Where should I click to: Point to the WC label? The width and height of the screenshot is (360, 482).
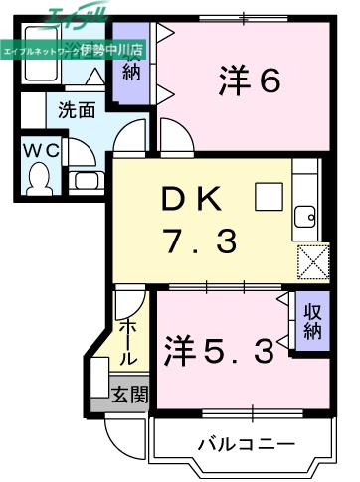point(38,148)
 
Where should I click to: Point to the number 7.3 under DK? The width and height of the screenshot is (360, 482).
point(199,240)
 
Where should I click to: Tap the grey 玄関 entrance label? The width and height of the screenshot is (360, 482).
point(129,396)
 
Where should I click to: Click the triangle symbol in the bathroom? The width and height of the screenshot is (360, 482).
point(90,76)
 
